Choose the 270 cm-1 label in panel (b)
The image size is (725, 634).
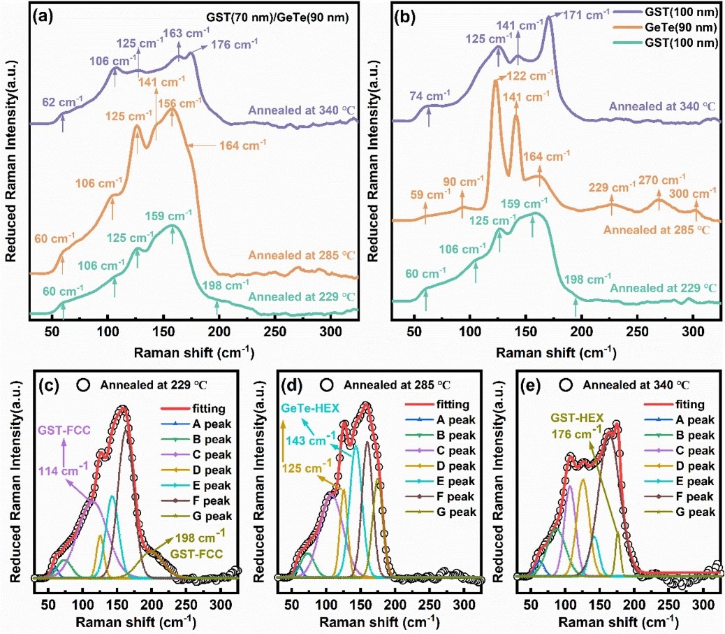[658, 179]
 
